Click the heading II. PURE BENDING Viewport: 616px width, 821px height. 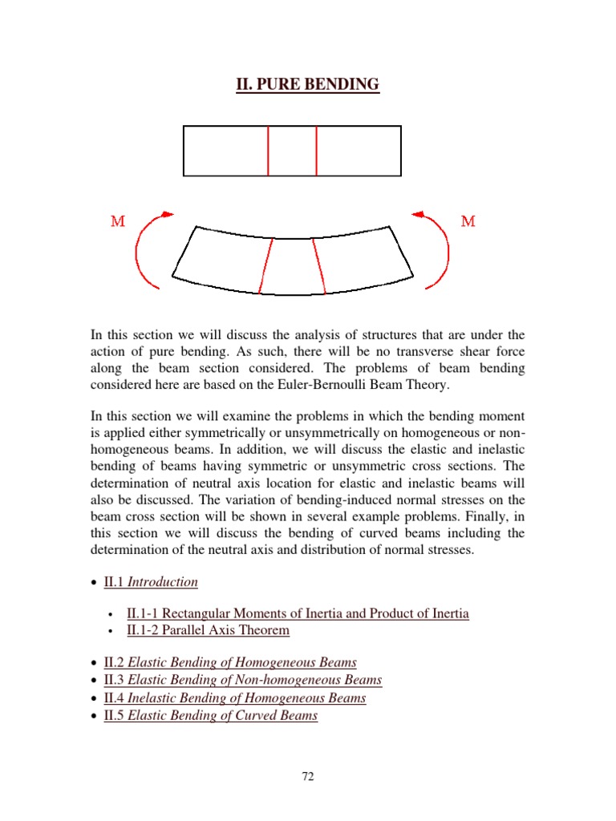(307, 84)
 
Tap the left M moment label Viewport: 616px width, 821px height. (118, 221)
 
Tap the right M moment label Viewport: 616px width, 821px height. (468, 221)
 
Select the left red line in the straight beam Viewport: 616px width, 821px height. (268, 150)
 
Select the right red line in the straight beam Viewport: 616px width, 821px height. (317, 150)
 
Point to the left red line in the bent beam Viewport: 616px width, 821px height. (266, 265)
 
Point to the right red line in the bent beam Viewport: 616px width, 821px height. (318, 265)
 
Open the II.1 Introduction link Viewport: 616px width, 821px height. (151, 582)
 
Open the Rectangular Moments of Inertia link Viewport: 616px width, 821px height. (298, 613)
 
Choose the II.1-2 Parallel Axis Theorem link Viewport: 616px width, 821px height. (208, 630)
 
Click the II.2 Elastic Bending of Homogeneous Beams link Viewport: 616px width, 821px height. (230, 662)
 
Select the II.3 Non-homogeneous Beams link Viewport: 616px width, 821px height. (243, 680)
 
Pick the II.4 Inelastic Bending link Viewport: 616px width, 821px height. (235, 698)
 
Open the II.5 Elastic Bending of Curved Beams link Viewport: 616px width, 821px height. (211, 715)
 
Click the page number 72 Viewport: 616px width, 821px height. (307, 776)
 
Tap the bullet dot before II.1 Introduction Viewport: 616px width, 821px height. (95, 583)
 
